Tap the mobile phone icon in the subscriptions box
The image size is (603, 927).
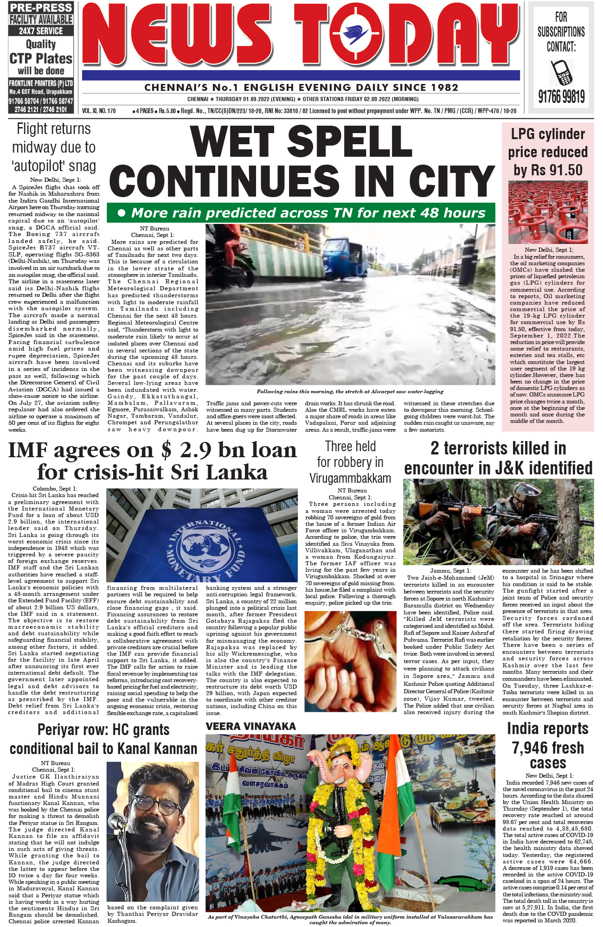coord(561,73)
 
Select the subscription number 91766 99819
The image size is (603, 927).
coord(561,97)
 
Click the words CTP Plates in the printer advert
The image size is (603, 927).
coord(41,58)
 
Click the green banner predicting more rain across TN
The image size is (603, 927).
coord(301,213)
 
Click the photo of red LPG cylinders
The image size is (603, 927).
coord(548,212)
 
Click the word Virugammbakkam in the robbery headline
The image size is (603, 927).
coord(350,478)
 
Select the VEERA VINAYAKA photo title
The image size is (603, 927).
coord(250,726)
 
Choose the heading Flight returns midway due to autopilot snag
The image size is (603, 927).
coord(54,147)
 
